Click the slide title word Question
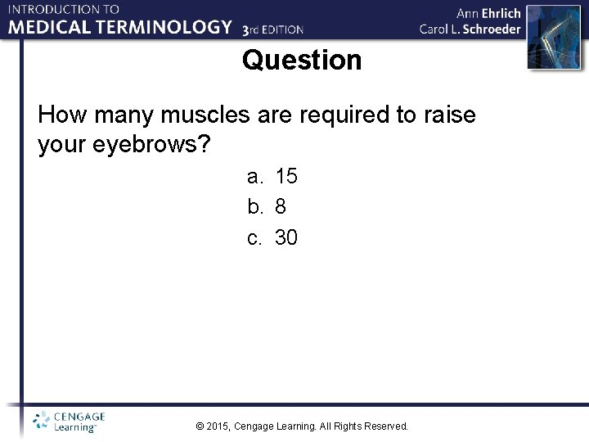point(301,61)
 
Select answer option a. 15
point(272,176)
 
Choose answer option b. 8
point(267,207)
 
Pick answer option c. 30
point(272,238)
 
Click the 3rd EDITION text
point(273,29)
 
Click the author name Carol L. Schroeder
point(470,29)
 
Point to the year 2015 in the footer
point(218,426)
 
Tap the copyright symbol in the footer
point(201,426)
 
